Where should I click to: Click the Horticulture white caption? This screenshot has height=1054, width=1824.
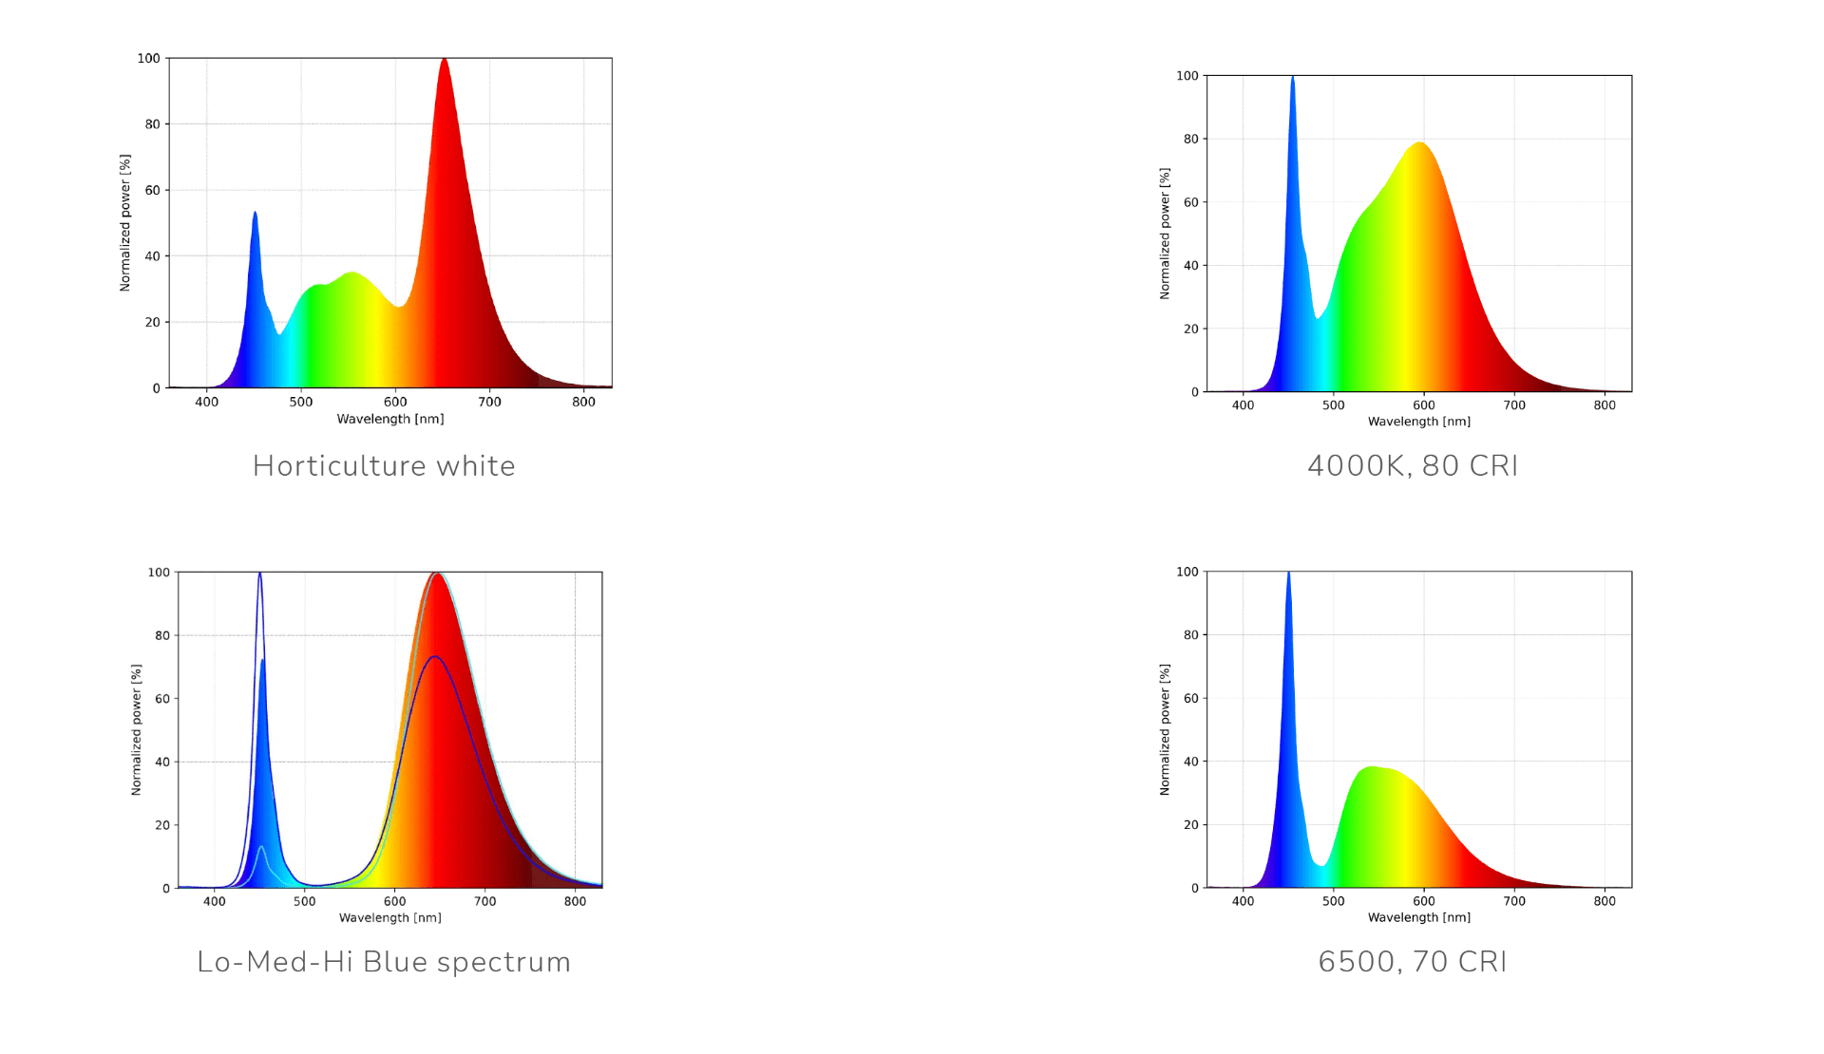point(384,465)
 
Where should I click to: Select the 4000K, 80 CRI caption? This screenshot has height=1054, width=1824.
point(1413,465)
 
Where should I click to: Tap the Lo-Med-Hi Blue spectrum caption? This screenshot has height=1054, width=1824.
point(384,962)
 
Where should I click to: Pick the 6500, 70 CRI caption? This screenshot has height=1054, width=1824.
point(1413,962)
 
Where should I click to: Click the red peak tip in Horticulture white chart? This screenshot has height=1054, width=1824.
point(444,60)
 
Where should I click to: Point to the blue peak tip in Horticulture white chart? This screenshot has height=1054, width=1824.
point(255,214)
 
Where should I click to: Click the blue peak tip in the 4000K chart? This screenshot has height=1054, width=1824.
point(1292,78)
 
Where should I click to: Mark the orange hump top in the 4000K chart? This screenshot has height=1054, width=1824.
point(1420,143)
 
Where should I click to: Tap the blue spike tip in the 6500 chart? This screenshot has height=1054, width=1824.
point(1288,574)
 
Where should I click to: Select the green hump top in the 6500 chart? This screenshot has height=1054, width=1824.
point(1371,767)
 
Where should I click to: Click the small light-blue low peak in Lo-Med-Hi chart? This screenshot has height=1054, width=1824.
point(261,847)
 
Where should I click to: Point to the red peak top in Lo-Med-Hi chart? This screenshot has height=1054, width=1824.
point(436,574)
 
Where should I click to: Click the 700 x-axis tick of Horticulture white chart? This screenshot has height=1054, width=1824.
point(489,402)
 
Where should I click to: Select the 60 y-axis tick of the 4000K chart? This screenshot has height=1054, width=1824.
point(1190,202)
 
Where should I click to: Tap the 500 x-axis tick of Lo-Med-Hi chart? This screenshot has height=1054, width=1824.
point(304,901)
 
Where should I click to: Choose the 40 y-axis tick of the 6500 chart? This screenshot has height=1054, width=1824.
point(1190,762)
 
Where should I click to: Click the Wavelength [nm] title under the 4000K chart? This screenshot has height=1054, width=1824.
point(1418,422)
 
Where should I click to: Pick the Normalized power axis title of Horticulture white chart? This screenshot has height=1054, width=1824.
point(124,222)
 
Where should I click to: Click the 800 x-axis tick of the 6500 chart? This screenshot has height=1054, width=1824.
point(1604,901)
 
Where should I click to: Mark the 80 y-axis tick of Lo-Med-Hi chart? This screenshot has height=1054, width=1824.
point(162,635)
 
